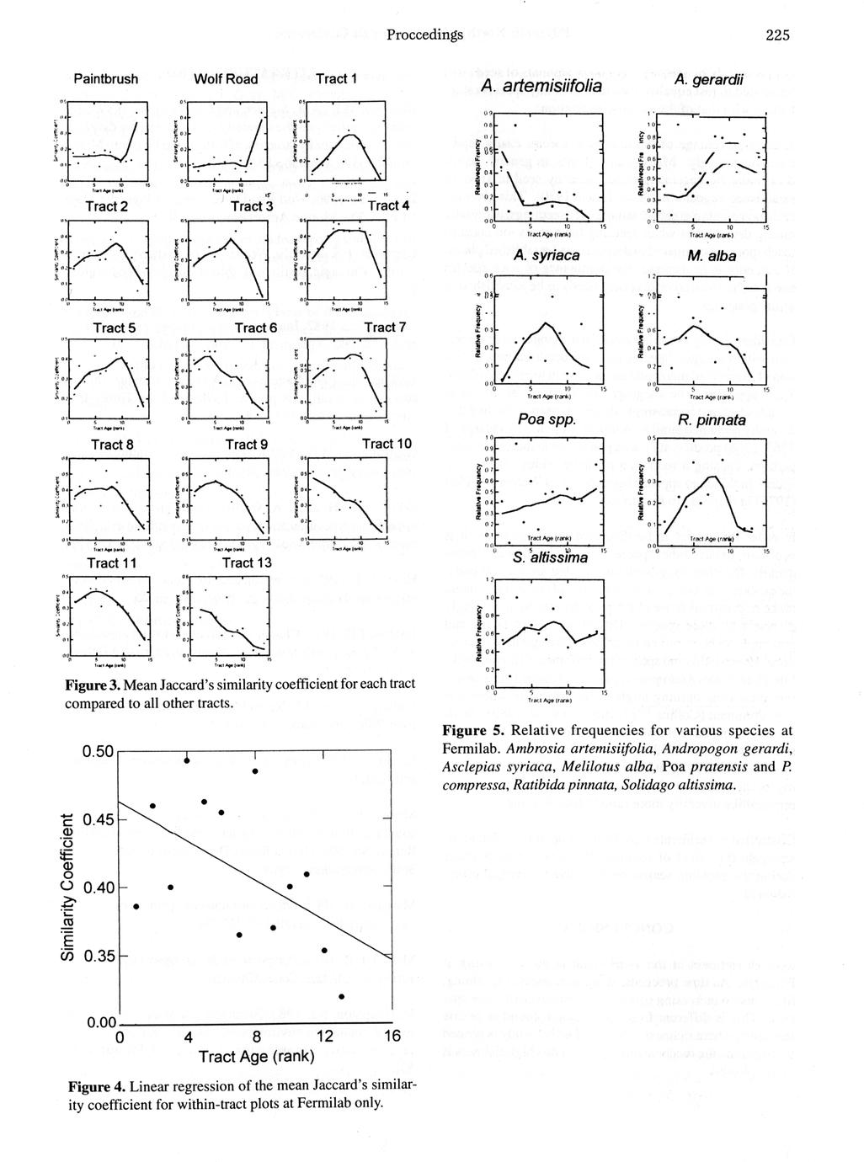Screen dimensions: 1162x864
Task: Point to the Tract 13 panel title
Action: pyautogui.click(x=247, y=562)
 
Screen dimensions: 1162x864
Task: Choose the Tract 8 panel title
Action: pyautogui.click(x=107, y=444)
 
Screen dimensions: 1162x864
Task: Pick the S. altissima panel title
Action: pyautogui.click(x=548, y=557)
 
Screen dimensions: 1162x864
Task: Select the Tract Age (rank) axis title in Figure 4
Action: pyautogui.click(x=256, y=1057)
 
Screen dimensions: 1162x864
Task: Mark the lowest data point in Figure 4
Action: pyautogui.click(x=341, y=996)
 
